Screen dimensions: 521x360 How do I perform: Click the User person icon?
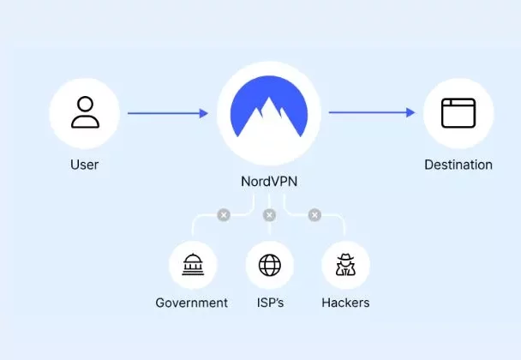85,112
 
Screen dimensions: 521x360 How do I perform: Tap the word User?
84,165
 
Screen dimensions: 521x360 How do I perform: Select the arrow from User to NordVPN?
168,113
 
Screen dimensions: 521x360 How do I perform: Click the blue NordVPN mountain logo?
269,106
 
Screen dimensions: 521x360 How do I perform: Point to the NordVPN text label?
269,182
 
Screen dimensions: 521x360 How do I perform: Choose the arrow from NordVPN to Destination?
372,112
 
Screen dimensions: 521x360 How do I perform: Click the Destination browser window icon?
458,113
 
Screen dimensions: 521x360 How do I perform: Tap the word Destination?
458,165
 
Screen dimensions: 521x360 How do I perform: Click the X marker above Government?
224,215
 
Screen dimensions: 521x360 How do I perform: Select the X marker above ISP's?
269,215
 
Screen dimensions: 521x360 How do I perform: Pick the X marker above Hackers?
314,215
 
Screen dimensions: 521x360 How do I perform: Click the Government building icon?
193,265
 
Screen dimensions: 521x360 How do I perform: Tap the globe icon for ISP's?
269,265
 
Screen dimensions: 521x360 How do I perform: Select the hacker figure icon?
345,265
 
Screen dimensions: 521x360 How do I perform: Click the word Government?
192,303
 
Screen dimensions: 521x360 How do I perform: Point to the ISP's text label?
270,303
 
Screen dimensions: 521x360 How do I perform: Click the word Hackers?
345,303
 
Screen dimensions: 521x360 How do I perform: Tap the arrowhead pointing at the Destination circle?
411,112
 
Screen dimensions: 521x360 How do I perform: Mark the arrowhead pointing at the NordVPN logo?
204,113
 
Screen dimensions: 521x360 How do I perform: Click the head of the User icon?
85,104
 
